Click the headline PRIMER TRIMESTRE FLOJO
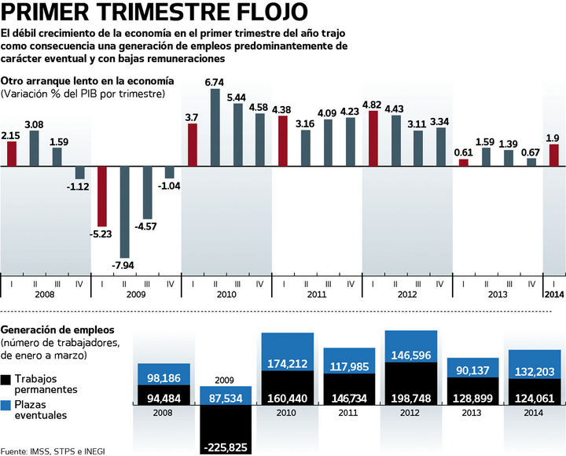155,14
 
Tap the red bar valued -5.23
101,196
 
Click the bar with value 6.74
215,127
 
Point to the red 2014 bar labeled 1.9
554,155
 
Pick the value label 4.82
373,104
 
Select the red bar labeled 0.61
463,162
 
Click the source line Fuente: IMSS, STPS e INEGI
53,450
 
